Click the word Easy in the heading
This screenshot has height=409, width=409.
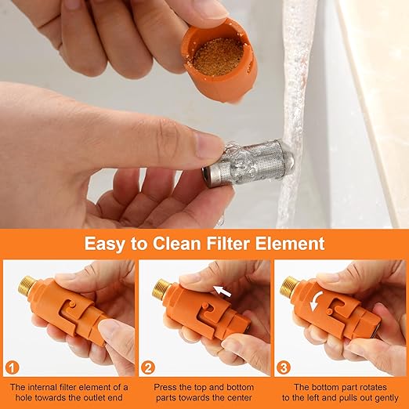pyautogui.click(x=108, y=243)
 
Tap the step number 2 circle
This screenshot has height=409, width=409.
pyautogui.click(x=148, y=367)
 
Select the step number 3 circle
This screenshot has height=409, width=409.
pyautogui.click(x=284, y=367)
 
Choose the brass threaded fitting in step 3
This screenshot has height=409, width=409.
pyautogui.click(x=289, y=286)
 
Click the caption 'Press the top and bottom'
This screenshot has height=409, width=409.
pyautogui.click(x=204, y=386)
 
